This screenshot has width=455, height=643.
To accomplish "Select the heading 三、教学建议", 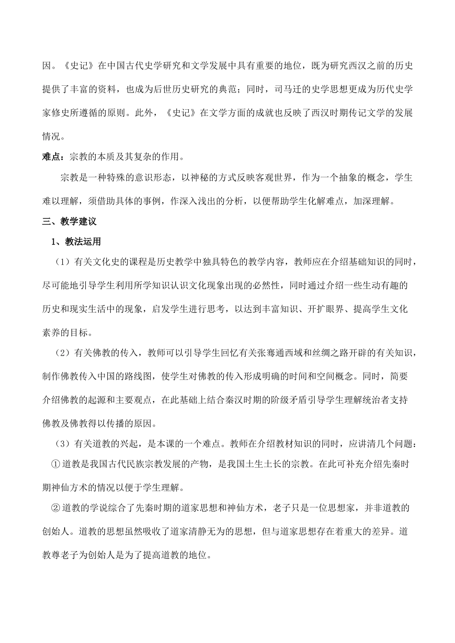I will (69, 221).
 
